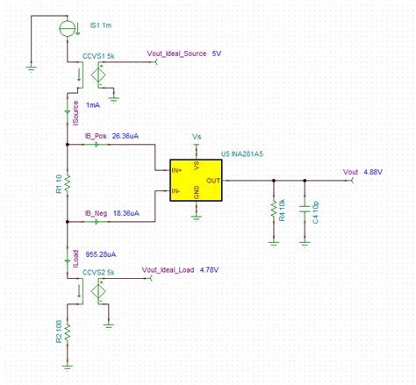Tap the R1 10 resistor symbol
(67, 183)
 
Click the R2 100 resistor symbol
(67, 331)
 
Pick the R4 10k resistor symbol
(275, 209)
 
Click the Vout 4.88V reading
(362, 172)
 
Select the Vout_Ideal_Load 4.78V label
(179, 269)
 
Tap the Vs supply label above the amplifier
(196, 137)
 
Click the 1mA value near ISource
(95, 103)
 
